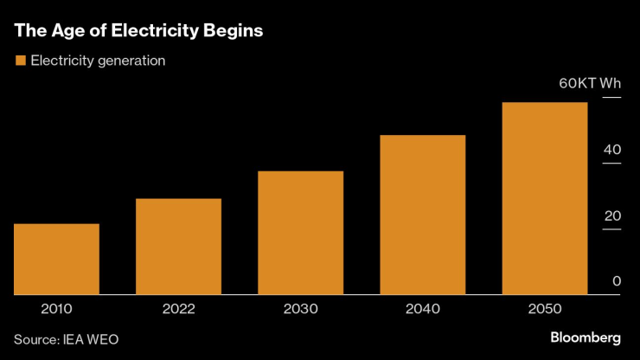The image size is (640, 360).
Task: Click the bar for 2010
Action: point(57,259)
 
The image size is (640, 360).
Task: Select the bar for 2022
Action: point(179,247)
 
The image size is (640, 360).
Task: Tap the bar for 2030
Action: point(301,233)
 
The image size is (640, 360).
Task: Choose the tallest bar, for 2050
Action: point(545,198)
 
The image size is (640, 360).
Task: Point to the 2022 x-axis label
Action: point(179,309)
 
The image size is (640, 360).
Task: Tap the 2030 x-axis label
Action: point(301,309)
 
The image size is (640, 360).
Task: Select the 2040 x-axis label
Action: point(423,309)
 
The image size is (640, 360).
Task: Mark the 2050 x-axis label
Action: point(545,309)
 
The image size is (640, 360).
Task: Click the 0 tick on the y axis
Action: point(617,281)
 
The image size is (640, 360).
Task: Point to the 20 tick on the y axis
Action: point(612,215)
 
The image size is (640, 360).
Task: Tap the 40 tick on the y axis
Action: point(612,150)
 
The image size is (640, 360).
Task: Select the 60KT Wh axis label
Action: point(590,84)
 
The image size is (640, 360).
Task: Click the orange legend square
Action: point(19,61)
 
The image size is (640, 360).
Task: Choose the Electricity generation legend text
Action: point(98,61)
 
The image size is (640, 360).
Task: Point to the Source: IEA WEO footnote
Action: point(66,339)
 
